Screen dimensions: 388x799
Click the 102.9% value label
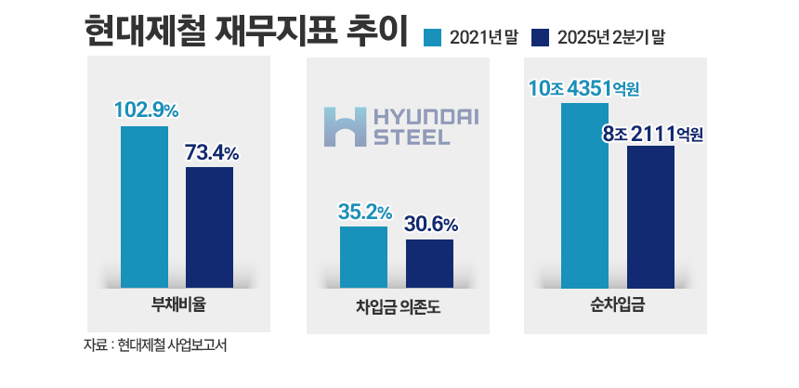click(145, 110)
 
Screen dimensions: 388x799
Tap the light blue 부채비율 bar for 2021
click(144, 206)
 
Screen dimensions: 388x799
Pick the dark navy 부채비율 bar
click(209, 226)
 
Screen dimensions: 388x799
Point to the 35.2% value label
click(364, 213)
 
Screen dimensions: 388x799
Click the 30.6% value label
click(430, 225)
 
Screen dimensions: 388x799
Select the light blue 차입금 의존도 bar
click(363, 256)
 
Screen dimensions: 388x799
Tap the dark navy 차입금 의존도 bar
click(429, 263)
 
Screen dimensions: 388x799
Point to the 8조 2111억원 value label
click(651, 135)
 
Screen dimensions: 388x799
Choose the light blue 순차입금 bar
click(584, 195)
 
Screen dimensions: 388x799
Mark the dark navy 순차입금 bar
click(650, 216)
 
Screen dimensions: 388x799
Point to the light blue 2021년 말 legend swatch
click(431, 37)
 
